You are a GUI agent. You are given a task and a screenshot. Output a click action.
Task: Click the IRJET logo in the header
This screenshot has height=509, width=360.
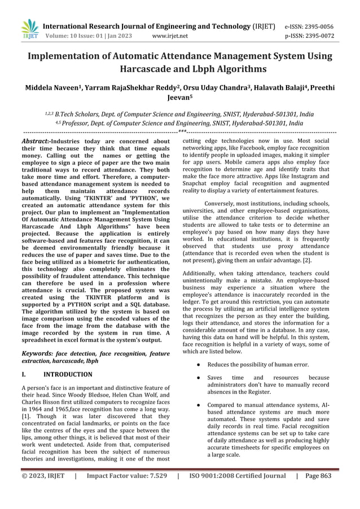click(29, 28)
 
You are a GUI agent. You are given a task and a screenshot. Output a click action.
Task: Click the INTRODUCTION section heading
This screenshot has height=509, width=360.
click(68, 374)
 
